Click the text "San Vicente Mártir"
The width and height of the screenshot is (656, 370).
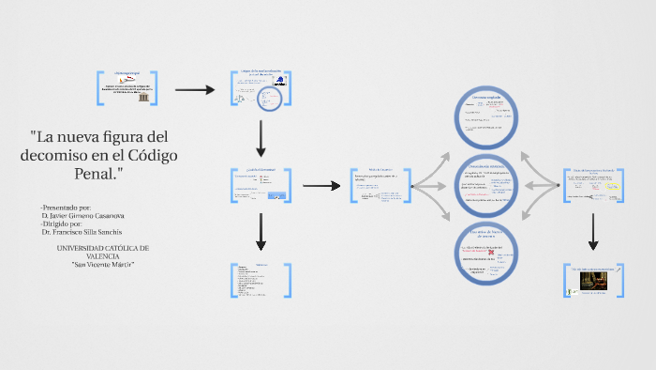click(104, 264)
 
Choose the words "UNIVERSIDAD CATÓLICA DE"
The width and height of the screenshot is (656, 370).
click(103, 248)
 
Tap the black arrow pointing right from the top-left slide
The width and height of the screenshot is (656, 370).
click(196, 89)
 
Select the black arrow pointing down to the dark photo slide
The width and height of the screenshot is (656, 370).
click(592, 232)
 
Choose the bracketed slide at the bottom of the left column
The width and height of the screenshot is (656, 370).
click(261, 280)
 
